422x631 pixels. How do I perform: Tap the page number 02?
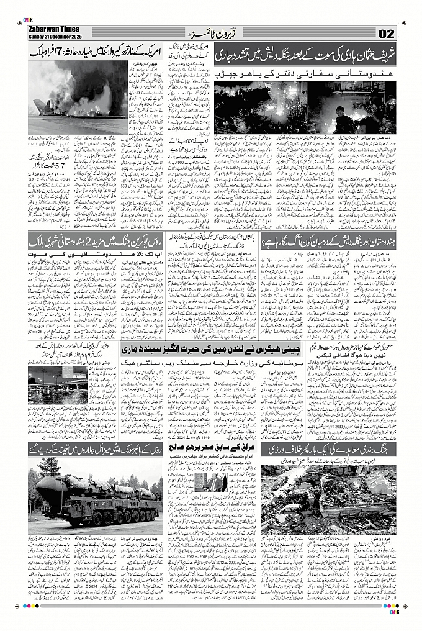coord(385,33)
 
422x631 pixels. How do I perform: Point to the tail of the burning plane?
coord(41,105)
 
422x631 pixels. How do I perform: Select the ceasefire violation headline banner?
coord(329,449)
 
